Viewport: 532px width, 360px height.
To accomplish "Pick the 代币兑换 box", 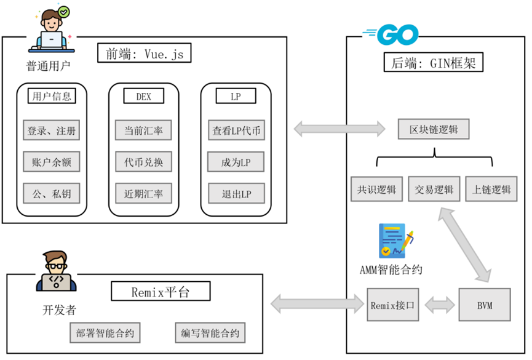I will [144, 162].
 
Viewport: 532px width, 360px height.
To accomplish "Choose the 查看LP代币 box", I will [236, 131].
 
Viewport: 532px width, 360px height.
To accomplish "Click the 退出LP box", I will [236, 194].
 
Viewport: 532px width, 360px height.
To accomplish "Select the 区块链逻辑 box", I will [434, 130].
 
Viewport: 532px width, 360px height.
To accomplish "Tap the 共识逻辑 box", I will [376, 190].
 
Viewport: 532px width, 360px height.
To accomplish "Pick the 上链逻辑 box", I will [491, 190].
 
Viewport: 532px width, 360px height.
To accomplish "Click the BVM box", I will [485, 304].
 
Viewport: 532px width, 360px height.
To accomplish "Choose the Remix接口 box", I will [393, 304].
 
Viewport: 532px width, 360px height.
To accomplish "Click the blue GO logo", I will [392, 36].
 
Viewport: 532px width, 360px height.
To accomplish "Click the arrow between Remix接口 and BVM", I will [439, 304].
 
